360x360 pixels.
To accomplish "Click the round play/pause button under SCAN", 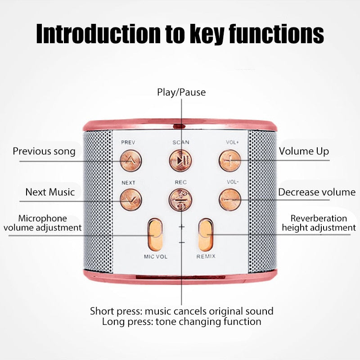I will (180, 159).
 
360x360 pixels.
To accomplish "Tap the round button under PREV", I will (130, 159).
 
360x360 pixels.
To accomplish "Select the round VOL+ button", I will (229, 159).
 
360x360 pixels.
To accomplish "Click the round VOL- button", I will (229, 199).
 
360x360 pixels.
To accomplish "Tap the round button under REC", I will (180, 199).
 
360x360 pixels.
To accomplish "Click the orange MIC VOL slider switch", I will (155, 234).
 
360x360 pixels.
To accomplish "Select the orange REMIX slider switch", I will (206, 234).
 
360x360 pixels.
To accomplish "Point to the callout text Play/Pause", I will (181, 92).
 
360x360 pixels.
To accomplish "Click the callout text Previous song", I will (44, 151).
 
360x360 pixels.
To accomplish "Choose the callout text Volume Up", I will (304, 151).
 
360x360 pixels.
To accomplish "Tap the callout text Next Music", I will (49, 192).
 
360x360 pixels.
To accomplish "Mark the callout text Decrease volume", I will (317, 192).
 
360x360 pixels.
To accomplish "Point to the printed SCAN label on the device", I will (180, 142).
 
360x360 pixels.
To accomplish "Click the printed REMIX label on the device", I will (206, 256).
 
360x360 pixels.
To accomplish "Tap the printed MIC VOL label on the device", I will (155, 256).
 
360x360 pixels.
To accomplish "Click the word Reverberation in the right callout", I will (319, 218).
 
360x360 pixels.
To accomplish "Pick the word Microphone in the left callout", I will (42, 218).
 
